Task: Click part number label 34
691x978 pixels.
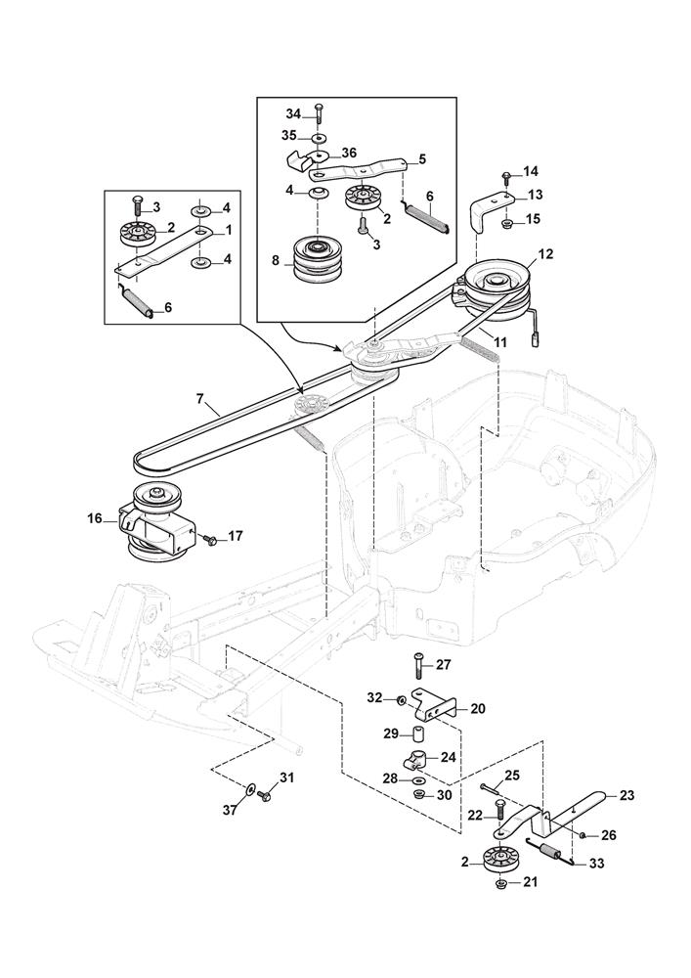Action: click(293, 113)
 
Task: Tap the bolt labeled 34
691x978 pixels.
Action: click(319, 113)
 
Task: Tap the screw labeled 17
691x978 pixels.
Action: click(209, 537)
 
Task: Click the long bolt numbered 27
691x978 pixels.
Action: click(418, 667)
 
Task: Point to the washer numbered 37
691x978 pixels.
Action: click(250, 789)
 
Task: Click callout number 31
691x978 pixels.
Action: click(286, 778)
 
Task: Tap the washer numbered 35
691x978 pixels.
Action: click(318, 137)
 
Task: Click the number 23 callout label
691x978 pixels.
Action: click(626, 795)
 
